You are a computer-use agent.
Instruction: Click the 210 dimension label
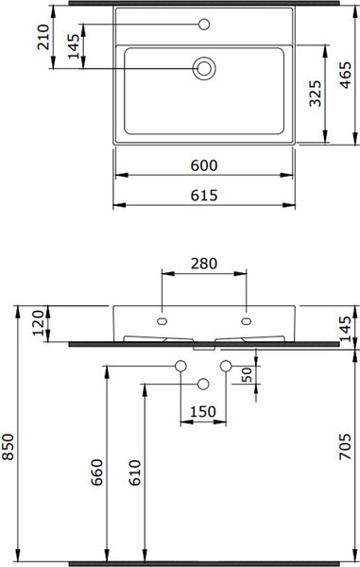point(43,37)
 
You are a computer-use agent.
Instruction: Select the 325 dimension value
point(316,94)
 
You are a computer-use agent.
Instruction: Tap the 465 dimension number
point(346,76)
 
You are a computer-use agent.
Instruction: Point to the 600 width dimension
point(204,165)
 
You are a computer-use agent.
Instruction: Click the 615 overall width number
point(204,196)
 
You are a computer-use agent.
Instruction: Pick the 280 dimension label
point(204,264)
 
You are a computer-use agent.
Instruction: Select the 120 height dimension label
point(39,323)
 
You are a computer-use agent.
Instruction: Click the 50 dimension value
point(248,375)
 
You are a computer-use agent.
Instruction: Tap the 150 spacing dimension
point(203,411)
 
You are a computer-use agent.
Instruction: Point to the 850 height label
point(8,447)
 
